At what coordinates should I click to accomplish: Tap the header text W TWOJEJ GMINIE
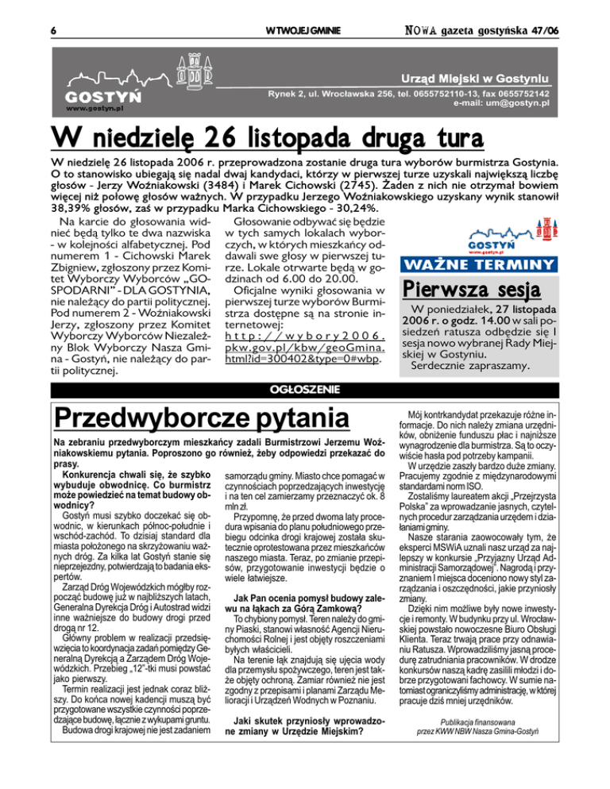pyautogui.click(x=304, y=30)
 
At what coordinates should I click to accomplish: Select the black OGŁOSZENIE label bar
pyautogui.click(x=304, y=389)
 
